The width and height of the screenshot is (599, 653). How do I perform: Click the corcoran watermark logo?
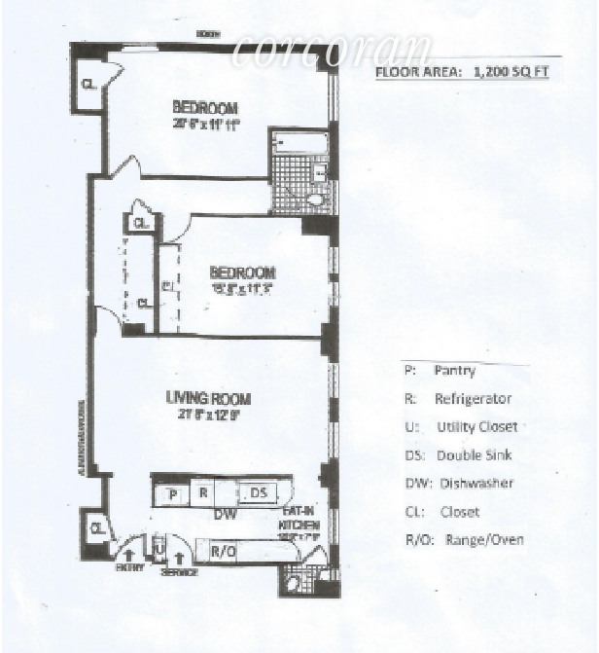(x=331, y=51)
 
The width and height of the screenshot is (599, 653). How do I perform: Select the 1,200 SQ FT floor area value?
(x=510, y=71)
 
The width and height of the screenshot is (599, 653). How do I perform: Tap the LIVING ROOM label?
(x=208, y=398)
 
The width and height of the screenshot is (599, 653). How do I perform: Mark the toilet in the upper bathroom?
(x=315, y=200)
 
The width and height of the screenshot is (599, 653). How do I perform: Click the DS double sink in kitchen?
(x=258, y=493)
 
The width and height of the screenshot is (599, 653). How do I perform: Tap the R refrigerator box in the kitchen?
(x=203, y=493)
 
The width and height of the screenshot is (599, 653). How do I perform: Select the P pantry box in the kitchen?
(x=172, y=494)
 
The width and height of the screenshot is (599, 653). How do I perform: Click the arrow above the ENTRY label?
(x=126, y=555)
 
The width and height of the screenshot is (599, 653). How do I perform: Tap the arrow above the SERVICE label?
(x=179, y=558)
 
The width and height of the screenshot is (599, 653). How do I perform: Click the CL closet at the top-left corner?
(x=88, y=84)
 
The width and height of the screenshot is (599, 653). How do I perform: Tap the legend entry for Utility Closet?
(x=462, y=426)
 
